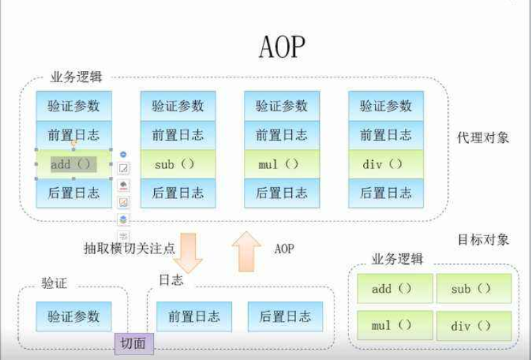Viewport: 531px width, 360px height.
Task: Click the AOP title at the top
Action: (x=282, y=48)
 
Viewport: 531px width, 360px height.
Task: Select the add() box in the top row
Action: (x=74, y=165)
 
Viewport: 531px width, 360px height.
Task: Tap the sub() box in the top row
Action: (x=178, y=165)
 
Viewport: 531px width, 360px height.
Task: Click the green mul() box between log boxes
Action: (x=282, y=165)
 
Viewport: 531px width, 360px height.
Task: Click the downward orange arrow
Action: (x=186, y=253)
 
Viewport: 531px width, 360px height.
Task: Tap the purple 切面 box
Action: (x=133, y=343)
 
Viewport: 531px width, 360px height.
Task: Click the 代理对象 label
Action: (x=483, y=137)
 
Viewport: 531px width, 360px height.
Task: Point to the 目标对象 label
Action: (x=483, y=240)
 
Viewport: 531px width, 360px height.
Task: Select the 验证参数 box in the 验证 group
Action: (x=74, y=316)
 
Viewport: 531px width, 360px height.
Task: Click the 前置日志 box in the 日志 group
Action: (x=194, y=316)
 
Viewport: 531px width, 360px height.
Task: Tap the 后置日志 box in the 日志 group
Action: (x=285, y=316)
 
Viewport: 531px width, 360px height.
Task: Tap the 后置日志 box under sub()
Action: (x=178, y=193)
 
